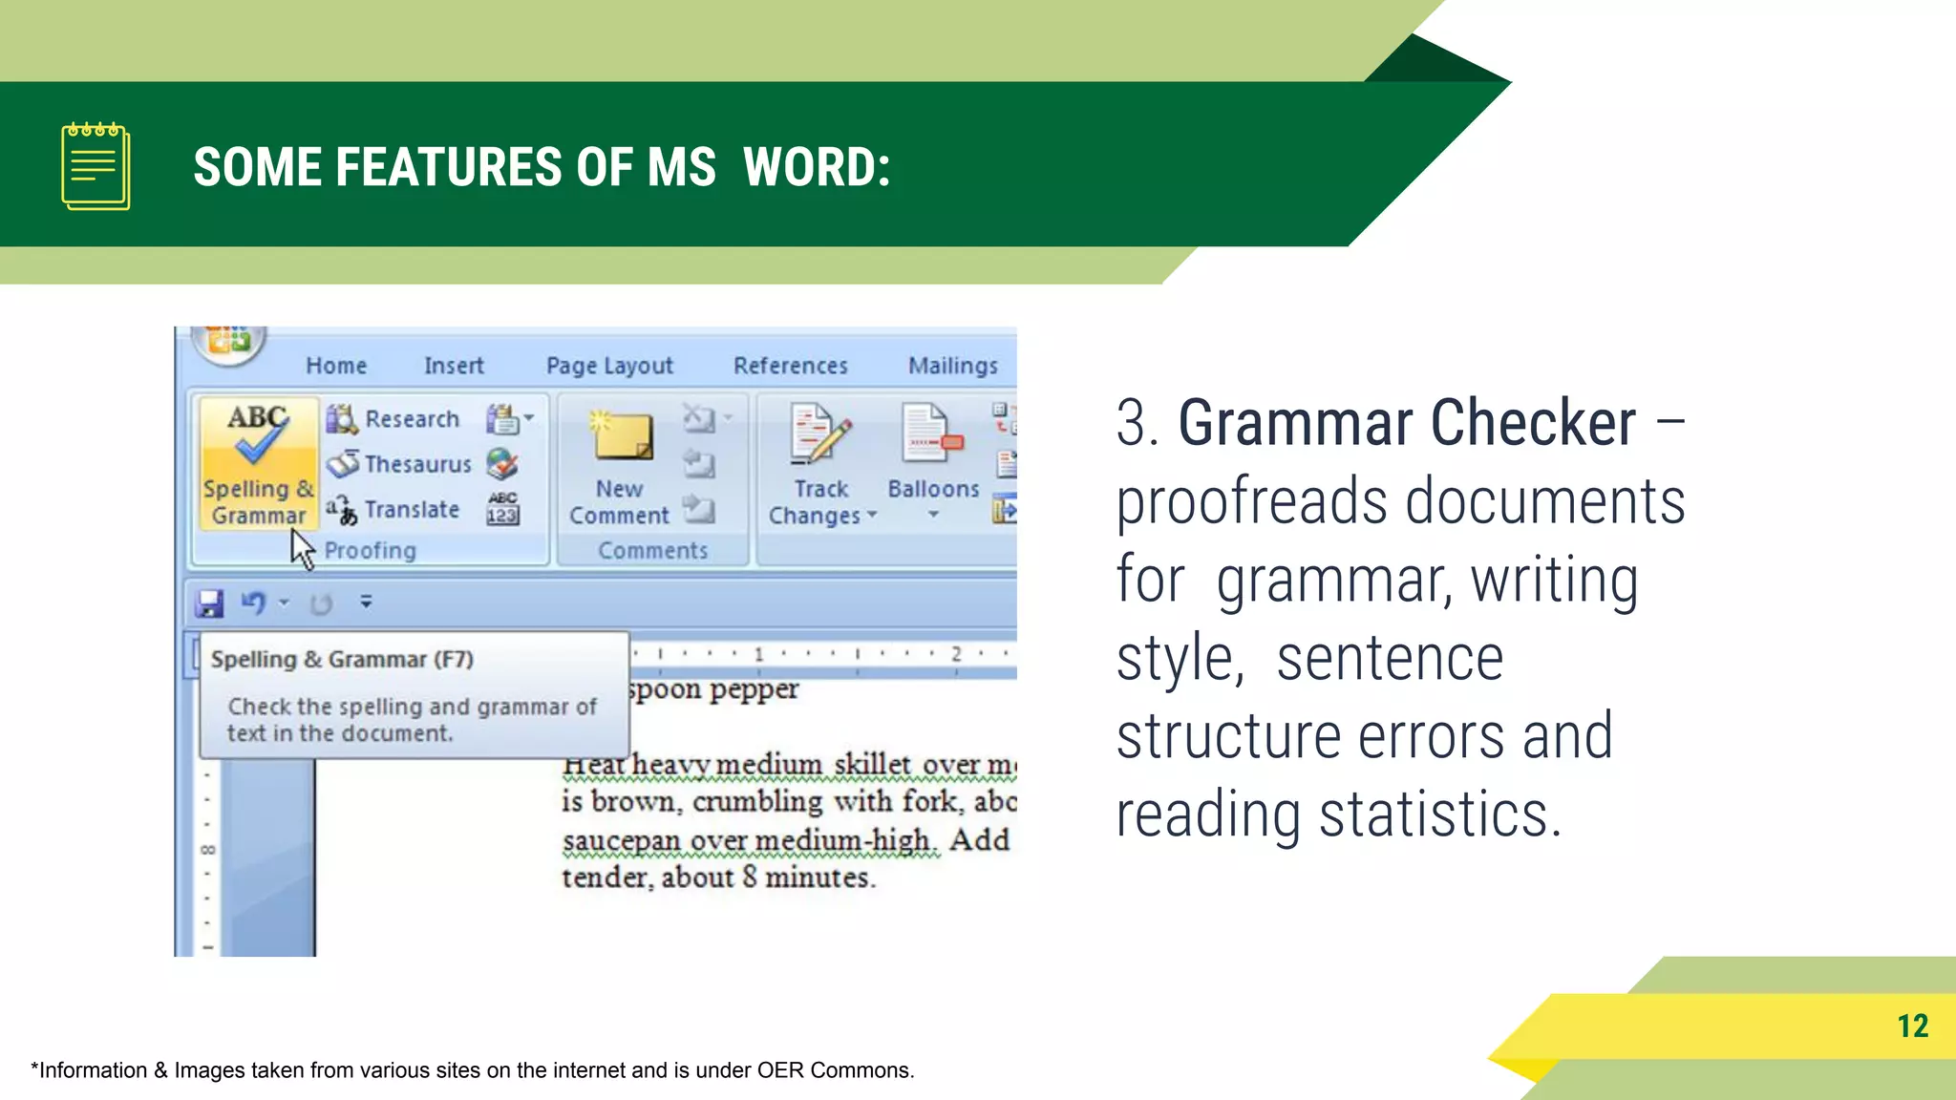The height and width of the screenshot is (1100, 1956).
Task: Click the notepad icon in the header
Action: point(96,166)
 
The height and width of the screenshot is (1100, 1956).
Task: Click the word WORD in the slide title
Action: point(816,167)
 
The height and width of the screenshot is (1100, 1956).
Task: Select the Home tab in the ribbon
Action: point(336,366)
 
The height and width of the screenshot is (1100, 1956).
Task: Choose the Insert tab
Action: point(454,366)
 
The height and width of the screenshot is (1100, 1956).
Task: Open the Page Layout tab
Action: point(609,366)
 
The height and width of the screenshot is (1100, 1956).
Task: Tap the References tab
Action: point(790,366)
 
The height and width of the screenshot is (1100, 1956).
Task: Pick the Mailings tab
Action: point(952,366)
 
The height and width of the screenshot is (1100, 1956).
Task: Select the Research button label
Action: point(412,419)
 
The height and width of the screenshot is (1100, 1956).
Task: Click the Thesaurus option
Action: point(417,464)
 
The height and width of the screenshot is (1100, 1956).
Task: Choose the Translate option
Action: point(412,510)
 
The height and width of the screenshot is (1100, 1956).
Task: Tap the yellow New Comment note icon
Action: point(622,437)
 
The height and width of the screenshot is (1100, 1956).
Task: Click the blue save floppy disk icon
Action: point(209,603)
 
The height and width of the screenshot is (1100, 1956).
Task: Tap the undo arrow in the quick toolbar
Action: point(253,603)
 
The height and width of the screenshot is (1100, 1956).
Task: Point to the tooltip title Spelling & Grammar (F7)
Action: point(342,660)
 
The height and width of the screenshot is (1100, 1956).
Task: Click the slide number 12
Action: point(1912,1026)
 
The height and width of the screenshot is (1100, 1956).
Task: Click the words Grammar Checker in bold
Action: point(1406,423)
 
